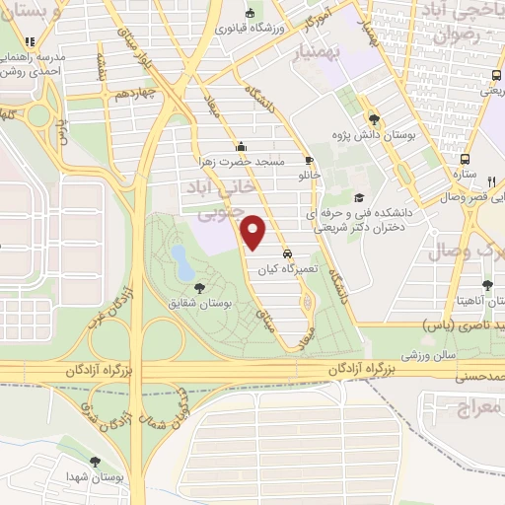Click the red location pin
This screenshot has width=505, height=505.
(254, 232)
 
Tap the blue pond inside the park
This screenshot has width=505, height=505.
(181, 261)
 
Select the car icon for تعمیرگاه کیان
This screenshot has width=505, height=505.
(286, 252)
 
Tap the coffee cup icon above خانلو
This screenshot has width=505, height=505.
(309, 160)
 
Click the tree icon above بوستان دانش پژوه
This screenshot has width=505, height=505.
(372, 115)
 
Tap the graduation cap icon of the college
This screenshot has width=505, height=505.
(358, 196)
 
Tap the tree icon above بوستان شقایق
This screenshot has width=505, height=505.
(200, 288)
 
